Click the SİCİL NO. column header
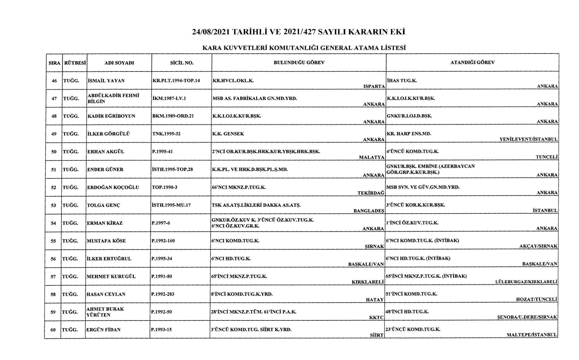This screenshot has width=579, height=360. (x=182, y=63)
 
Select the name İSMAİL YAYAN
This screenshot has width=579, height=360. (x=106, y=81)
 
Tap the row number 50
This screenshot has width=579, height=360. (x=54, y=152)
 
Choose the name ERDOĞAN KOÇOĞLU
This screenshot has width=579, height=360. (x=113, y=187)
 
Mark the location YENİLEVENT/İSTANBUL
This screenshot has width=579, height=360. (x=528, y=139)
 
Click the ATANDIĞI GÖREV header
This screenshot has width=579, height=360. (x=472, y=62)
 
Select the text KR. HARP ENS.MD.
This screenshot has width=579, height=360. (x=409, y=134)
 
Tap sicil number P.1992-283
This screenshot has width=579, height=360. (x=163, y=294)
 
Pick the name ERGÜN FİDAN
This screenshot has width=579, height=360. (x=104, y=330)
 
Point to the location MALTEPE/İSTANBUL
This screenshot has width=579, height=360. (x=531, y=335)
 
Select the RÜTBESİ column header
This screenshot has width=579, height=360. (x=75, y=63)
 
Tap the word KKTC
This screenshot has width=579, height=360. (x=376, y=318)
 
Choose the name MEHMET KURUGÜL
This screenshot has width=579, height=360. (x=111, y=276)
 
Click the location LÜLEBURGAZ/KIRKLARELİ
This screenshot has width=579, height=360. (x=526, y=282)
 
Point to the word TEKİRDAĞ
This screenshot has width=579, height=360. (x=371, y=193)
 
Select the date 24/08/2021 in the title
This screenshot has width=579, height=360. (x=211, y=32)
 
